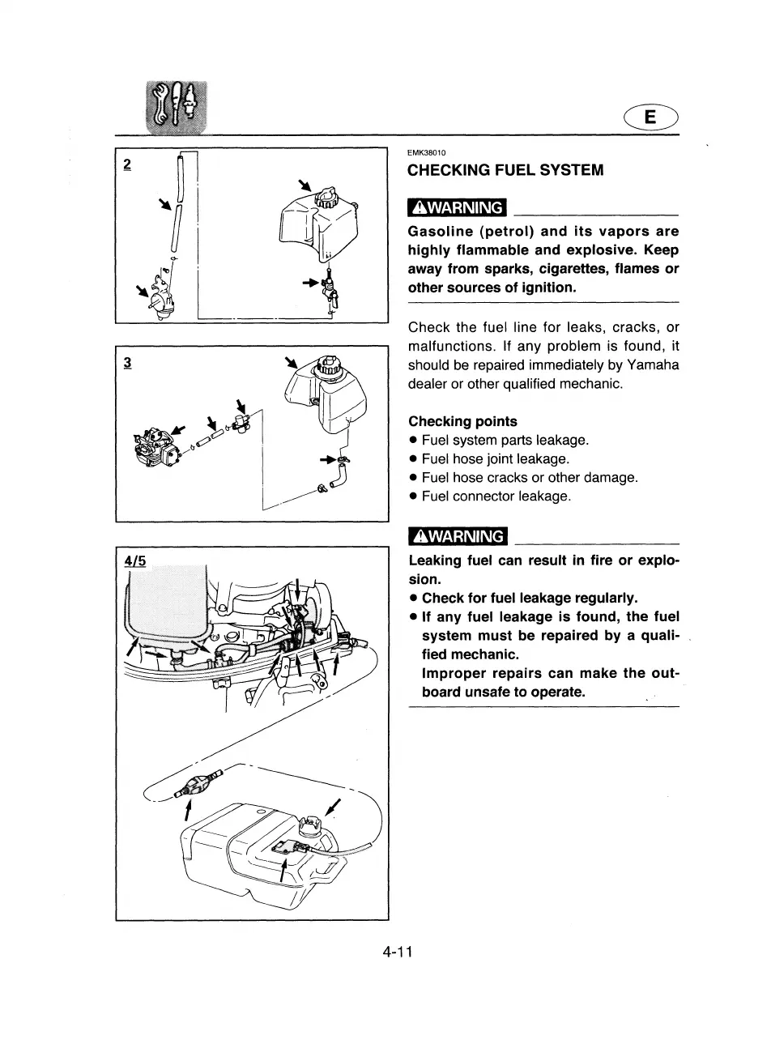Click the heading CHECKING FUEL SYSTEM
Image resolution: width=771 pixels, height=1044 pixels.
pyautogui.click(x=505, y=170)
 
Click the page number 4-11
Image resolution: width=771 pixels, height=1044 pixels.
pyautogui.click(x=398, y=951)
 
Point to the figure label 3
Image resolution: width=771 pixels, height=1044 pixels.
pyautogui.click(x=126, y=362)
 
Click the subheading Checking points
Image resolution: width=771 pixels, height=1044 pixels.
pyautogui.click(x=462, y=421)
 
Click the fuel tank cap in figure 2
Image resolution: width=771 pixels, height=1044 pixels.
pyautogui.click(x=324, y=198)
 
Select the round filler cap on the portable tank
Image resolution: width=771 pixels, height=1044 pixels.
pyautogui.click(x=312, y=825)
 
